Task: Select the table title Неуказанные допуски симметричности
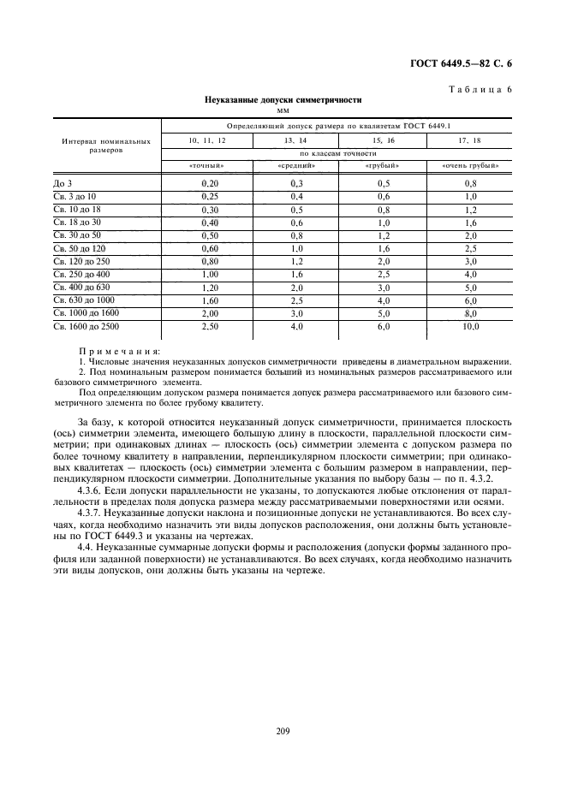(x=283, y=99)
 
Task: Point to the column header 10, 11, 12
(x=206, y=139)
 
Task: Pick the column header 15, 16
(x=382, y=139)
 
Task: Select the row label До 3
(x=63, y=184)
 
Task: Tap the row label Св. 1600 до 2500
(x=86, y=327)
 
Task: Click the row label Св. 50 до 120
(x=79, y=248)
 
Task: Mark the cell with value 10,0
(x=471, y=327)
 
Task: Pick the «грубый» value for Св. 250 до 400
(x=382, y=274)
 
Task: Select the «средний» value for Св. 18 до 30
(x=296, y=222)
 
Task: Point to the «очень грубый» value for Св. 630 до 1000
(x=471, y=300)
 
